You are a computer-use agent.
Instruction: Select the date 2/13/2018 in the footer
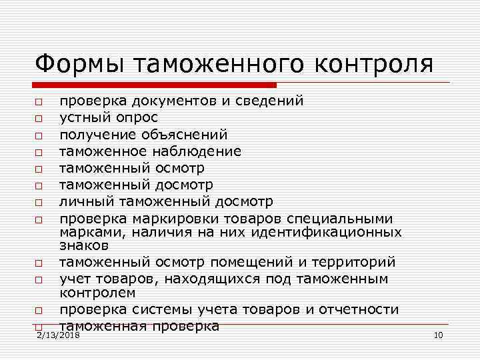[x=59, y=335]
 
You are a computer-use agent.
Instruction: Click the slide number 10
[x=438, y=335]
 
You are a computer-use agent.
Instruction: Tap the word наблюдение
[x=199, y=151]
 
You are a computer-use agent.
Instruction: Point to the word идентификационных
[x=326, y=231]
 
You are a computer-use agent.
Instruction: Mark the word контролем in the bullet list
[x=97, y=292]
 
